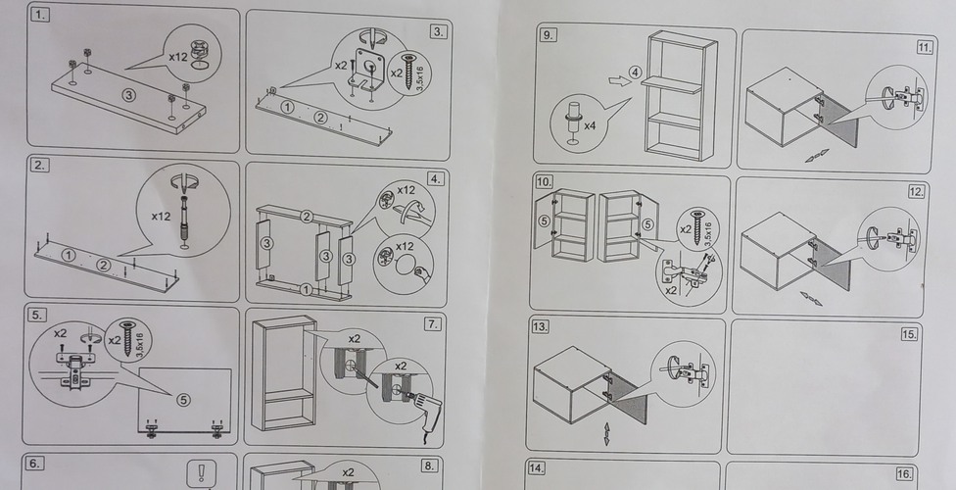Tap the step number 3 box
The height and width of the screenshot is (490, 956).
pyautogui.click(x=438, y=31)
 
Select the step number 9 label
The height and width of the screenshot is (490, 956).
pyautogui.click(x=548, y=35)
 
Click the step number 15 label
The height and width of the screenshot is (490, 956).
pyautogui.click(x=909, y=334)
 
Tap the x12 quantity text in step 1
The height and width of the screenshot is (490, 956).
pyautogui.click(x=177, y=58)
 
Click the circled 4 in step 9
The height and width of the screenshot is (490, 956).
pyautogui.click(x=635, y=73)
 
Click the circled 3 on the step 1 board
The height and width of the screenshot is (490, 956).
pyautogui.click(x=127, y=94)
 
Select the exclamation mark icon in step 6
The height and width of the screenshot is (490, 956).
pyautogui.click(x=203, y=471)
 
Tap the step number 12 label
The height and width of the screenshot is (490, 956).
pyautogui.click(x=917, y=191)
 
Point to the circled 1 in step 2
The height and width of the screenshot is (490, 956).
pyautogui.click(x=67, y=255)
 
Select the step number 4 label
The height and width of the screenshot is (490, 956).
pyautogui.click(x=436, y=178)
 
